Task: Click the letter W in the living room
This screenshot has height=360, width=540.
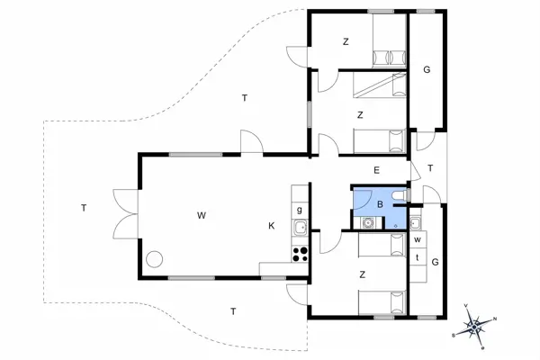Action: [202, 215]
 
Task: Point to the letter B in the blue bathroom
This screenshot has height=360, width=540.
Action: [380, 204]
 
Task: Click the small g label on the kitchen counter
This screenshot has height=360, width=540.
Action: [299, 209]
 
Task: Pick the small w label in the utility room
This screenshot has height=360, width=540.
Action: [418, 240]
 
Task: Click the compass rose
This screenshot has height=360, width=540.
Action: [476, 323]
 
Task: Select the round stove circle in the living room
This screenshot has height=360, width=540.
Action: [155, 259]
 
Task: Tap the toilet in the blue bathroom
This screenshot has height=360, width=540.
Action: [400, 193]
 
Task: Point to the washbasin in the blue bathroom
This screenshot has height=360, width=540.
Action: [367, 222]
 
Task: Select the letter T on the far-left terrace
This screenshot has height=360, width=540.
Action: [84, 209]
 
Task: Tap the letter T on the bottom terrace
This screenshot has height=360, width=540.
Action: [233, 311]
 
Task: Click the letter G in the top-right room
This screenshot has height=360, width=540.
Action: [427, 69]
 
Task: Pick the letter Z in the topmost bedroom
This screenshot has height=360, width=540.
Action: [346, 41]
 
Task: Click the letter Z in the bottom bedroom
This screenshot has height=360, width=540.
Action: [362, 275]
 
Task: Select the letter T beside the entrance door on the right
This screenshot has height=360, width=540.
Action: [431, 168]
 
